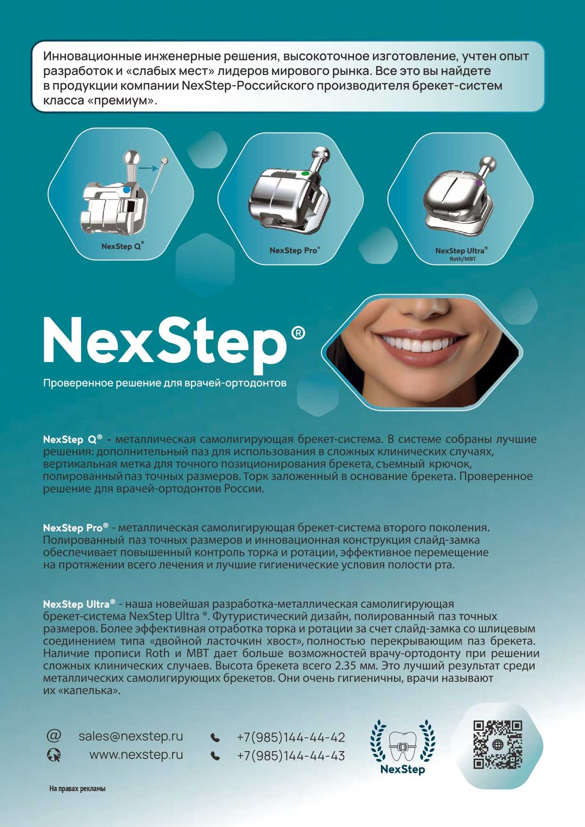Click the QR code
(x=497, y=744)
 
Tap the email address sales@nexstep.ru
(x=131, y=736)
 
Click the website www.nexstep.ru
(x=136, y=754)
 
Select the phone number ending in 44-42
(x=291, y=737)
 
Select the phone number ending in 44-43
(x=291, y=755)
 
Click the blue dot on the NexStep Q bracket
(x=126, y=190)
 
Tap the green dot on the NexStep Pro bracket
(x=305, y=174)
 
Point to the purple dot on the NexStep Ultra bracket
(x=479, y=183)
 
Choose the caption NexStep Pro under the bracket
(x=295, y=250)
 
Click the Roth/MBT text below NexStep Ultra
(x=462, y=259)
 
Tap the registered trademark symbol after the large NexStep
(x=298, y=333)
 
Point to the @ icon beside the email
(x=54, y=736)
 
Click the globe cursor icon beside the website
(x=54, y=755)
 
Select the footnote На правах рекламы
(x=77, y=788)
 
